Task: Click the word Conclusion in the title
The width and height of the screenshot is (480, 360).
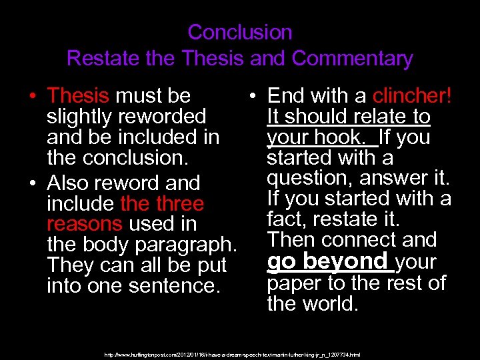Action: (240, 32)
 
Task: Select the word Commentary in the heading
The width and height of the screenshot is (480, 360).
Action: (352, 58)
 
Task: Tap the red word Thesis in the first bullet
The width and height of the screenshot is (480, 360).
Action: (79, 96)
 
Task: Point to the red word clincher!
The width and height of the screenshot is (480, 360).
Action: (413, 96)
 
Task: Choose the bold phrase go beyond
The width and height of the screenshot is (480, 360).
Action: (327, 261)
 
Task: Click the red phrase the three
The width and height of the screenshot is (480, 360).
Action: (162, 203)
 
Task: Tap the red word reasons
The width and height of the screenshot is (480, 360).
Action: (85, 224)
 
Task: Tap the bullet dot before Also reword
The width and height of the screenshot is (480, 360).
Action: (32, 183)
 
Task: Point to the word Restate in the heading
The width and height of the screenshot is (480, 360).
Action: (106, 58)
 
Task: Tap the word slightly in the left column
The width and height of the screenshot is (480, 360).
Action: (79, 117)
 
